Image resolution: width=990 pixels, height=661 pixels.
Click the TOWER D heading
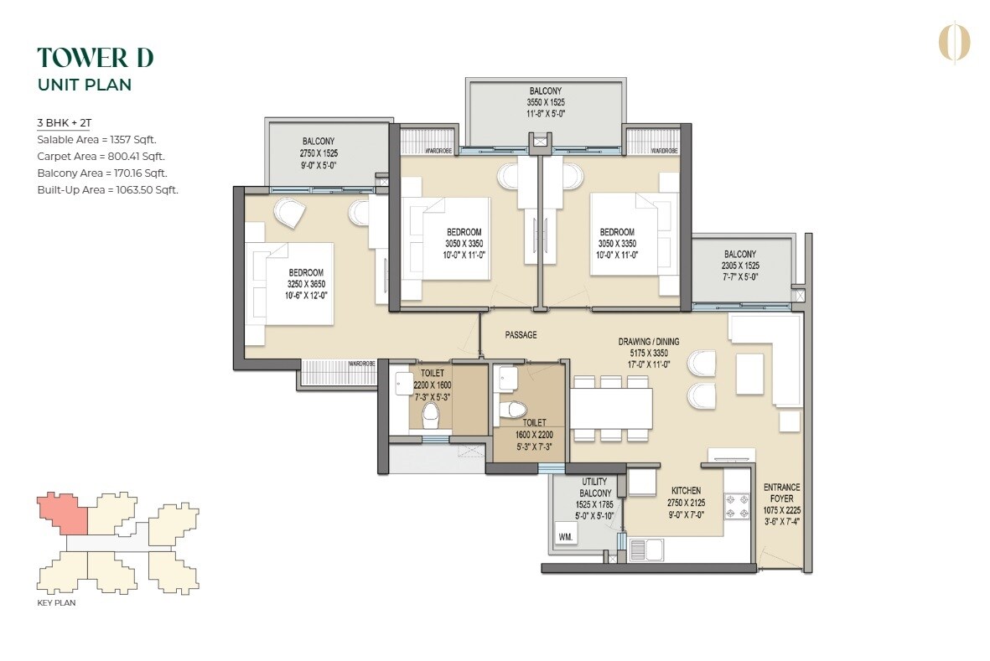coord(96,58)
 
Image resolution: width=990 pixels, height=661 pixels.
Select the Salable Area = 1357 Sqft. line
coord(96,140)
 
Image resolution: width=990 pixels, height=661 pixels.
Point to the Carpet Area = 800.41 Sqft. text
coord(101,157)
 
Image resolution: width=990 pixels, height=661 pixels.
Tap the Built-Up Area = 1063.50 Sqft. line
coord(107,190)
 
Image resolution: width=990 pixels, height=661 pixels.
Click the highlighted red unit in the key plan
coord(62,513)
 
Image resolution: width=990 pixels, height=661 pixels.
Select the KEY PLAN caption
coord(56,602)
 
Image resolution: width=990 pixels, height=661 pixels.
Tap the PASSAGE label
coord(521,335)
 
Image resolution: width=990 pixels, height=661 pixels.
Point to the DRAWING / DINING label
coord(649,342)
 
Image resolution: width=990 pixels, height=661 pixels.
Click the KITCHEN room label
coord(686,491)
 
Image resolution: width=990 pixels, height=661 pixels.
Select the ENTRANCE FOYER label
coord(781,493)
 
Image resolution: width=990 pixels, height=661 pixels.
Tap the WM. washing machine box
coord(565,536)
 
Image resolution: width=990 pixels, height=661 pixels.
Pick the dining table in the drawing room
coord(611,408)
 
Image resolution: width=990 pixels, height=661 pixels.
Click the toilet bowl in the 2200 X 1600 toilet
coord(432,413)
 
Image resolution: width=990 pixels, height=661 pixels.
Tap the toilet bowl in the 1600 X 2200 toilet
coord(511,410)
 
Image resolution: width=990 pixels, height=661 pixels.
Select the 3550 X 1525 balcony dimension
coord(545,103)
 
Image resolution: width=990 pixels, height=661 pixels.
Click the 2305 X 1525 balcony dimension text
coord(740,266)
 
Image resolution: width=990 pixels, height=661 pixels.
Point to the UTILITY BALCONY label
coord(596,488)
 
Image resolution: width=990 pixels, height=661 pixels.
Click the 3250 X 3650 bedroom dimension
coord(306,284)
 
